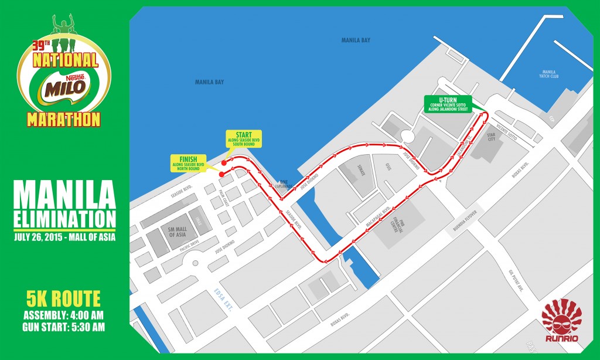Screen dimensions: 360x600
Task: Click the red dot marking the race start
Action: [224, 159]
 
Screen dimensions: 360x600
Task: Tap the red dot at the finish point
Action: [221, 174]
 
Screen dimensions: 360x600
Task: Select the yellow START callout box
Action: [243, 138]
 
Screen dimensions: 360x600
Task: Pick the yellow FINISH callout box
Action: [189, 162]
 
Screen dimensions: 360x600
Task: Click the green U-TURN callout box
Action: [450, 103]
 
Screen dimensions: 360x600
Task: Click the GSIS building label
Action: [387, 167]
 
